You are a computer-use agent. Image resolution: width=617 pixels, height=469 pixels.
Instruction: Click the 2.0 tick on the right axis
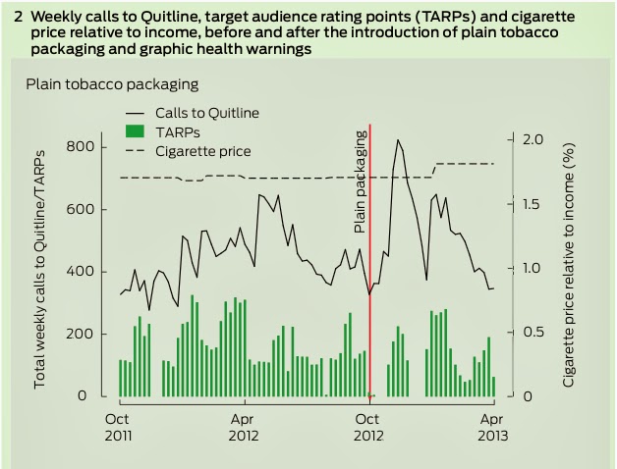(533, 139)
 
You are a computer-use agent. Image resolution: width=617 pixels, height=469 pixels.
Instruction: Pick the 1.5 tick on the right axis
(533, 204)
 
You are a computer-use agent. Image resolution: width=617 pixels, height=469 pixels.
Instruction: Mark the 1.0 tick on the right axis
(533, 268)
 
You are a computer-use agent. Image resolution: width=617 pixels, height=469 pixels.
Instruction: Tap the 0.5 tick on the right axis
(533, 333)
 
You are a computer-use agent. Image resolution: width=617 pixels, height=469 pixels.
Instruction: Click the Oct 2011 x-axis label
(118, 425)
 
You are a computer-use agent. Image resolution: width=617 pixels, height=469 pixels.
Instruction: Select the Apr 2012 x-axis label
(243, 425)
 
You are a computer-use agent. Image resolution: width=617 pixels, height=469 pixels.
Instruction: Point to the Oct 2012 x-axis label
(368, 425)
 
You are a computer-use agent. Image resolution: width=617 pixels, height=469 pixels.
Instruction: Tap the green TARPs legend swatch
(136, 131)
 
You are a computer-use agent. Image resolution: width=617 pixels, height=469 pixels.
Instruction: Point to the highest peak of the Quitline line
(398, 140)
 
